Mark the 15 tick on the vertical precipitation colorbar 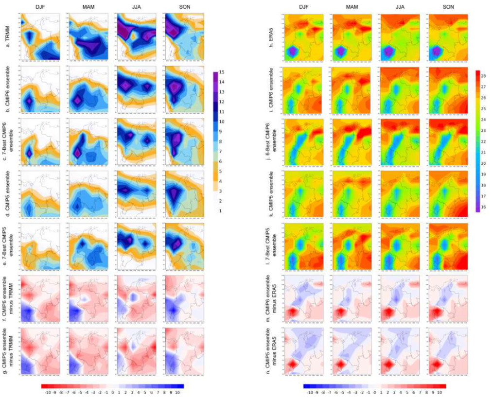pos(221,72)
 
